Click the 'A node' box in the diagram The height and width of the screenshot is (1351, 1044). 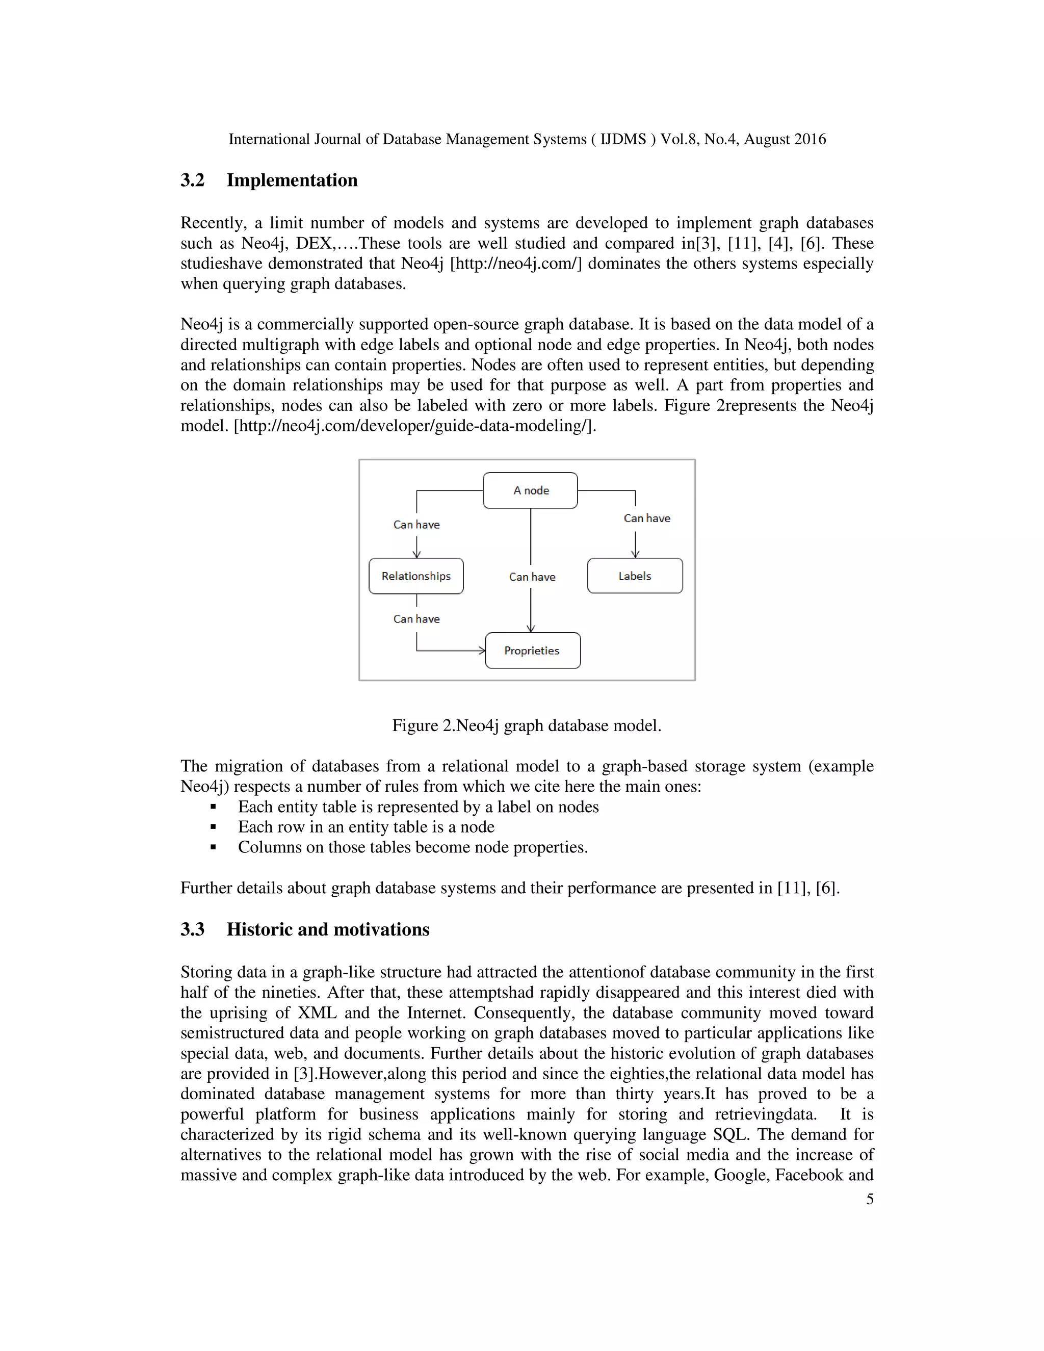point(530,490)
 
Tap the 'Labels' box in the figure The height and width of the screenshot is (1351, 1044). point(635,576)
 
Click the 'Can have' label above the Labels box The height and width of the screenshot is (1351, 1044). point(646,518)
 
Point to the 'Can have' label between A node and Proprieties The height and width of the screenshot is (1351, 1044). point(532,577)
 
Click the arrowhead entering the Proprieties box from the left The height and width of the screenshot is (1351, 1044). point(482,650)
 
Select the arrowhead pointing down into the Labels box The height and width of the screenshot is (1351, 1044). point(635,554)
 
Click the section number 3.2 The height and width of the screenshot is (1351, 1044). point(192,180)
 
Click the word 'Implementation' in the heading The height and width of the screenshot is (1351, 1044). point(292,180)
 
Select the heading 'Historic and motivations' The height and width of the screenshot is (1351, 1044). point(328,930)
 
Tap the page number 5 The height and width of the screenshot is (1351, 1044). point(870,1200)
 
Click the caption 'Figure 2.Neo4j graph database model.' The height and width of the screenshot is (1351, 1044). point(526,725)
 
